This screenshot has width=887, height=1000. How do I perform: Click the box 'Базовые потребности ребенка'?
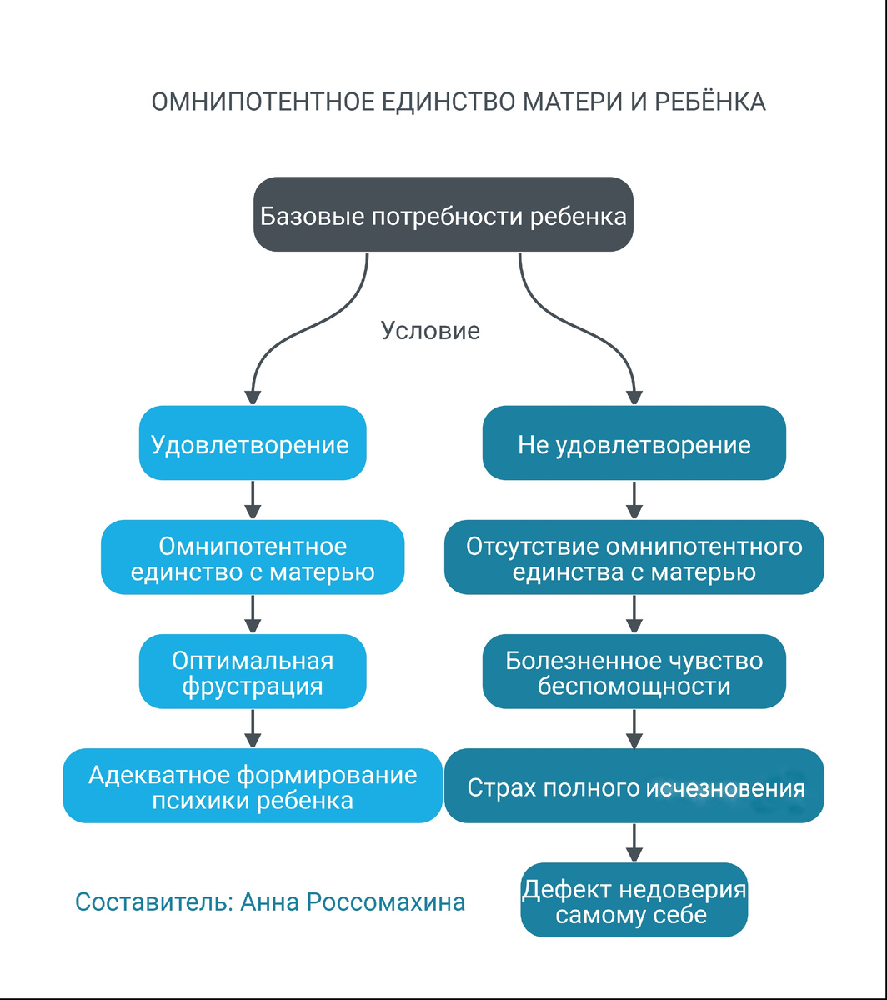pyautogui.click(x=443, y=215)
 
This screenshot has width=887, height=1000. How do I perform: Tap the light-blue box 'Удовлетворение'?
pyautogui.click(x=252, y=443)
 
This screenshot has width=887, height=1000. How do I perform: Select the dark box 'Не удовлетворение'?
pyautogui.click(x=634, y=443)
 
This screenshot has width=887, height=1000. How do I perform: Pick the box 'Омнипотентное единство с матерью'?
pyautogui.click(x=252, y=557)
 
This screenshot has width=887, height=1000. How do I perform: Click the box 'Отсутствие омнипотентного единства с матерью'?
pyautogui.click(x=634, y=557)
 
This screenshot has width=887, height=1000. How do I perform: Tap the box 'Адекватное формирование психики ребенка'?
pyautogui.click(x=252, y=786)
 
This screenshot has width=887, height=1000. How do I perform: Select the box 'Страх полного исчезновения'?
pyautogui.click(x=634, y=786)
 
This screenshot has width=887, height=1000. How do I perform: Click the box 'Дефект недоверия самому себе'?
pyautogui.click(x=634, y=901)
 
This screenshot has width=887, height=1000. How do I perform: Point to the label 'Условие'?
pyautogui.click(x=430, y=331)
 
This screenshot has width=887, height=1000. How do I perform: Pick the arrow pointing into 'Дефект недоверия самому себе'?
pyautogui.click(x=634, y=843)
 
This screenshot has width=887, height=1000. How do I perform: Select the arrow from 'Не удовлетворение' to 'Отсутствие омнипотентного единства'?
pyautogui.click(x=634, y=500)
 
